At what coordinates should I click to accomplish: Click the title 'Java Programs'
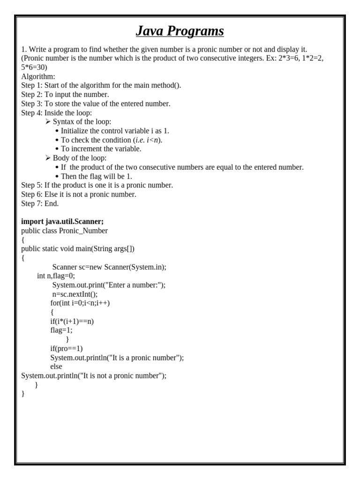[x=180, y=31]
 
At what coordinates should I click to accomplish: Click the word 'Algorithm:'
[x=38, y=76]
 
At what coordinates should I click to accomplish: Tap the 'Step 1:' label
[x=31, y=85]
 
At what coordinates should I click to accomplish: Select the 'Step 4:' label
[x=31, y=112]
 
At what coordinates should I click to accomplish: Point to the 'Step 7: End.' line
[x=40, y=203]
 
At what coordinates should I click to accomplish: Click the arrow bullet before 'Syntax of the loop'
[x=48, y=122]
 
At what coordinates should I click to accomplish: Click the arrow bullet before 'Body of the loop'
[x=48, y=158]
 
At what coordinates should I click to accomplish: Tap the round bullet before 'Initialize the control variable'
[x=57, y=131]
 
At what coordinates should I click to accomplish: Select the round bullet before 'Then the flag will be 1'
[x=57, y=177]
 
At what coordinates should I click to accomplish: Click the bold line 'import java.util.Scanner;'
[x=62, y=222]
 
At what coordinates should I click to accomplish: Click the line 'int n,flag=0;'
[x=56, y=276]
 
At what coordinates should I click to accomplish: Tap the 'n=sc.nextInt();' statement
[x=75, y=294]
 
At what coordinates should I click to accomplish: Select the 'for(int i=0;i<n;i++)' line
[x=80, y=303]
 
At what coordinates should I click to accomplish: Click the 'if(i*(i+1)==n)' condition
[x=72, y=322]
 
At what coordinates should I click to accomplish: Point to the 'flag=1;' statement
[x=61, y=330]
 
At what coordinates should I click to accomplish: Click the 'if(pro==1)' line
[x=67, y=349]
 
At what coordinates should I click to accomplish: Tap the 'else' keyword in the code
[x=56, y=367]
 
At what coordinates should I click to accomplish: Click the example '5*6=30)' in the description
[x=34, y=67]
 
